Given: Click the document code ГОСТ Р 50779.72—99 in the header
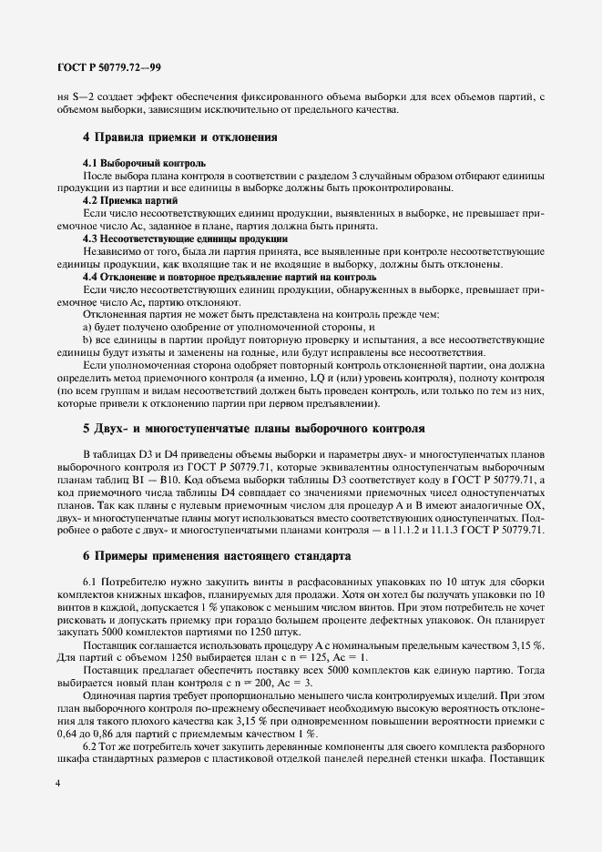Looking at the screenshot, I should pyautogui.click(x=104, y=67).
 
